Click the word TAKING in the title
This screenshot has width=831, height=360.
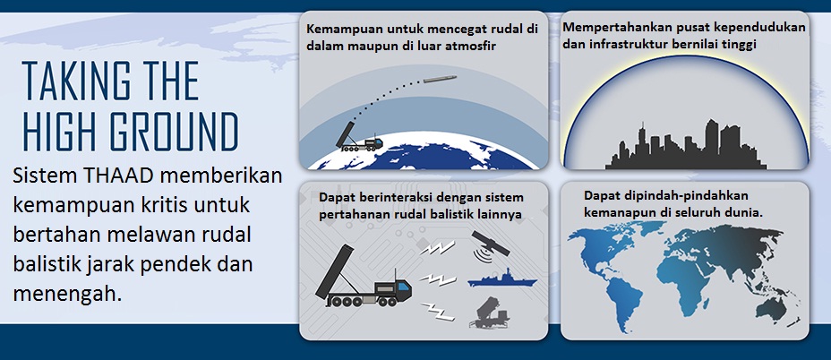click(x=71, y=82)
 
